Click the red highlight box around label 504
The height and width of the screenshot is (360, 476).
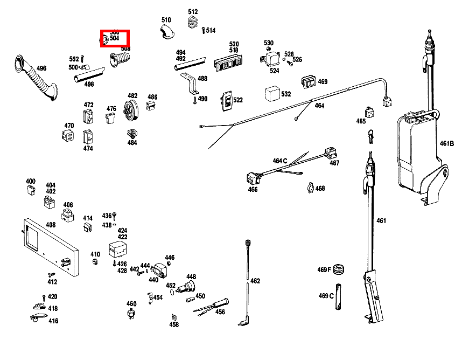pyautogui.click(x=114, y=39)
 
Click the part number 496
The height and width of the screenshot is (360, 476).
pyautogui.click(x=41, y=68)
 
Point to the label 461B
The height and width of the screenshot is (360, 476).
pyautogui.click(x=447, y=144)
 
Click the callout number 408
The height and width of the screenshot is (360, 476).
pyautogui.click(x=51, y=225)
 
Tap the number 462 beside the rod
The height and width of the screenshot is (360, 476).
pyautogui.click(x=255, y=281)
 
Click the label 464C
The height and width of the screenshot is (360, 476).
pyautogui.click(x=280, y=161)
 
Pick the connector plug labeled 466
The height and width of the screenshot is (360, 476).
pyautogui.click(x=251, y=177)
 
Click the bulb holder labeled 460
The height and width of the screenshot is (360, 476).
pyautogui.click(x=131, y=314)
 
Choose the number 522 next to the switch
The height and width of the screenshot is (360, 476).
pyautogui.click(x=237, y=100)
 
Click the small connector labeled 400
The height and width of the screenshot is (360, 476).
pyautogui.click(x=31, y=189)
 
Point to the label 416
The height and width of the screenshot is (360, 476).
pyautogui.click(x=53, y=321)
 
